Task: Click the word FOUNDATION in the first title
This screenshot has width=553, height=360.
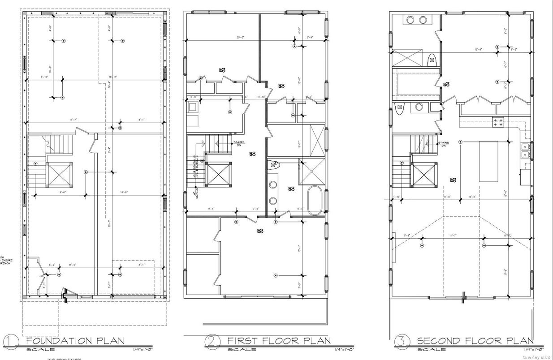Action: click(55, 341)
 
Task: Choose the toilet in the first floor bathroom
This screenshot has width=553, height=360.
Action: click(272, 166)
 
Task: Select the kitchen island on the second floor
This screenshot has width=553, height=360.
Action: click(488, 161)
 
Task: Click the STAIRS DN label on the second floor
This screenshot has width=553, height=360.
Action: click(443, 144)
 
